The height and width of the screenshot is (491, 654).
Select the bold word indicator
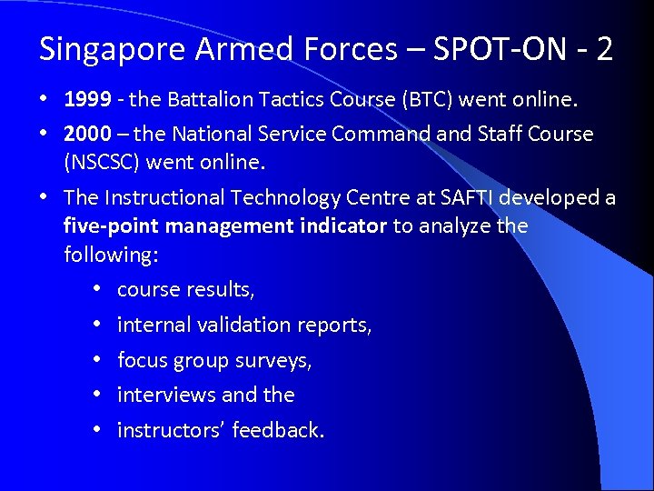[343, 225]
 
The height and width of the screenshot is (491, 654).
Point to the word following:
[111, 255]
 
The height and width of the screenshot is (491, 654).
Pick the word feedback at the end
[277, 430]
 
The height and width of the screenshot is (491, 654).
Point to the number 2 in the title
[604, 49]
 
